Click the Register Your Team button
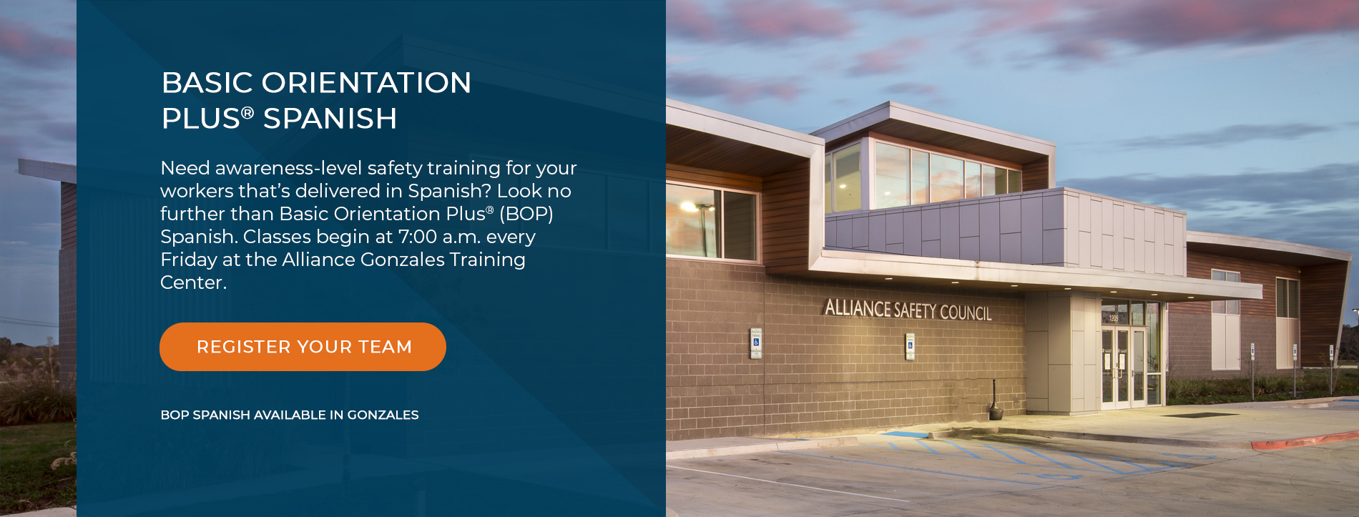tap(303, 347)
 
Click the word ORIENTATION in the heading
tap(366, 83)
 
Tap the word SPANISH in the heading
tap(330, 119)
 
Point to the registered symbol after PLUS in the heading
tap(247, 113)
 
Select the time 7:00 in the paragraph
tap(417, 237)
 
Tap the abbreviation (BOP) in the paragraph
tap(526, 214)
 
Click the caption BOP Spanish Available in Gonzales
tap(290, 415)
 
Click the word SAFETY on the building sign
tap(915, 310)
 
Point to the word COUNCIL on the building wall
tap(966, 312)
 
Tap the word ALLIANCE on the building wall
tap(858, 308)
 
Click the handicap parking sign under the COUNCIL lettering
tap(910, 346)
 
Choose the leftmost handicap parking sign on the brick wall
tap(756, 343)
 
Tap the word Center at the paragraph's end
tap(193, 282)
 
